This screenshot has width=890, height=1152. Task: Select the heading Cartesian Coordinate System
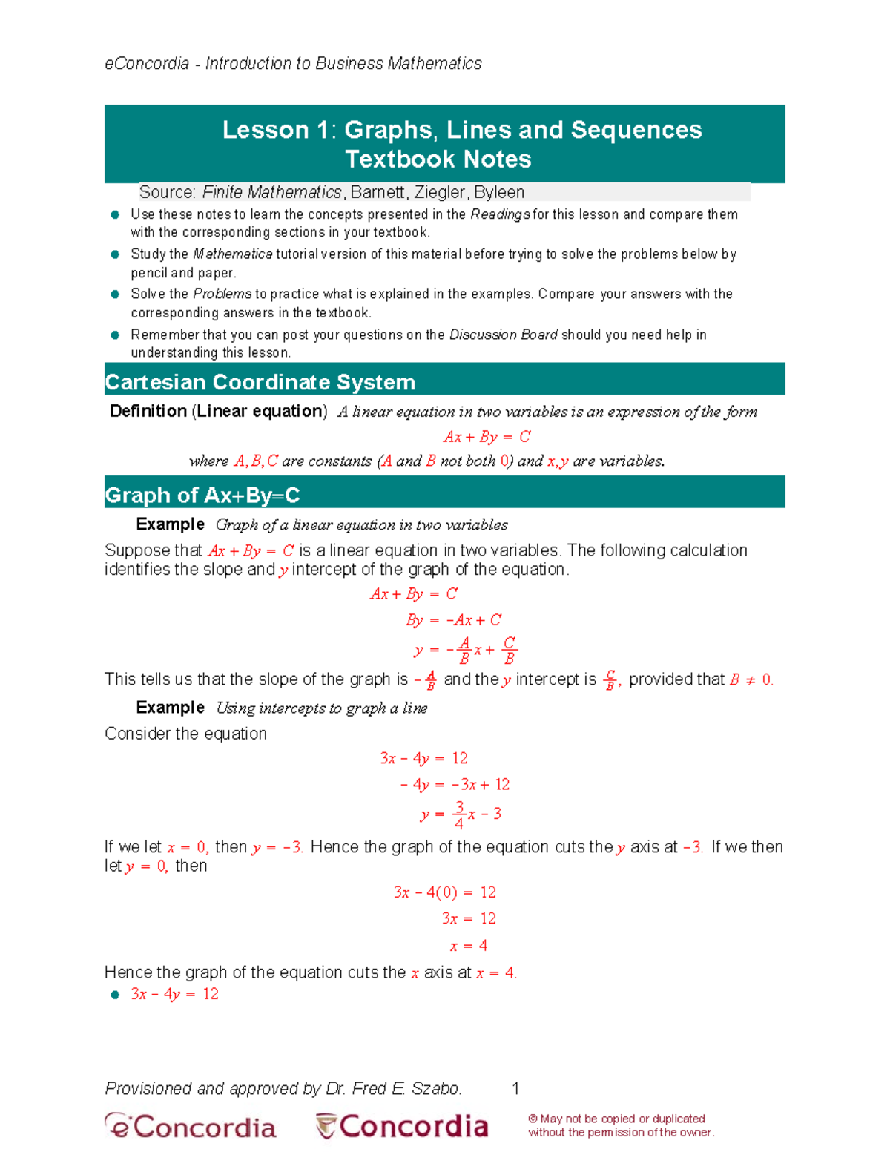260,382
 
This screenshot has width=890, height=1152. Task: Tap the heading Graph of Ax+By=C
202,495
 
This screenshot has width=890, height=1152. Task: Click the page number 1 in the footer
515,1088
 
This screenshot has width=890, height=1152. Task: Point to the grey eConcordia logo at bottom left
191,1126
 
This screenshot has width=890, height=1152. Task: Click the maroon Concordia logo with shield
402,1126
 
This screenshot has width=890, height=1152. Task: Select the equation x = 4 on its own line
469,946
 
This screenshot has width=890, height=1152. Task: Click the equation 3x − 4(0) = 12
444,892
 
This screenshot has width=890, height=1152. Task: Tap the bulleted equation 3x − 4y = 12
174,994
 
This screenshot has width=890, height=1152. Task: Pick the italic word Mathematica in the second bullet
233,254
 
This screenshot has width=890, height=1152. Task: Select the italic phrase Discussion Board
503,335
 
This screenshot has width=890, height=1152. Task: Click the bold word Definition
148,411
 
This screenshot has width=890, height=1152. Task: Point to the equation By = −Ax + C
453,620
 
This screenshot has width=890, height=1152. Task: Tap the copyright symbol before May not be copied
533,1119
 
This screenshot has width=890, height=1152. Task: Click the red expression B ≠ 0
751,679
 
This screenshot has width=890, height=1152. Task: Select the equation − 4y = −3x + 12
455,785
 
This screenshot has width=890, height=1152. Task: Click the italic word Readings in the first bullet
500,214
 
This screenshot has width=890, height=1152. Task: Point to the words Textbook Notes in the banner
438,159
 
